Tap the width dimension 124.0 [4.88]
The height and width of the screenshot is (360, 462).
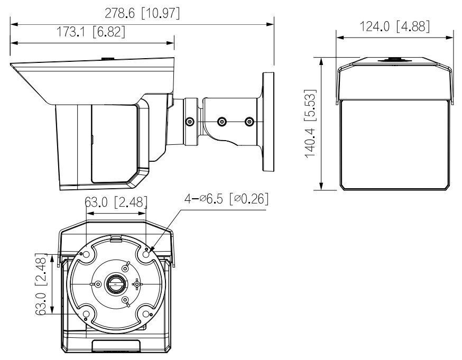tap(394, 26)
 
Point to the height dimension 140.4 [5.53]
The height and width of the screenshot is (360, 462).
tap(311, 123)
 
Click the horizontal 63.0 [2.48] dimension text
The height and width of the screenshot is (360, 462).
tap(116, 203)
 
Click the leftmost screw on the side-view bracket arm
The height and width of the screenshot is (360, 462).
tap(189, 122)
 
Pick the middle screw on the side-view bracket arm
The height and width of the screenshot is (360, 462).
tap(221, 122)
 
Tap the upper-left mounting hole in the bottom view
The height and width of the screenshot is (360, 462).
tap(87, 255)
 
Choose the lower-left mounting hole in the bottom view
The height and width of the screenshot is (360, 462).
tap(87, 314)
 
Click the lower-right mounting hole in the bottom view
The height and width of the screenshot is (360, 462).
tap(145, 314)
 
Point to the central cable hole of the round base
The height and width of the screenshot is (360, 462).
tap(115, 284)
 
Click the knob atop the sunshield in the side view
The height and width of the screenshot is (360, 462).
tap(107, 60)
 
